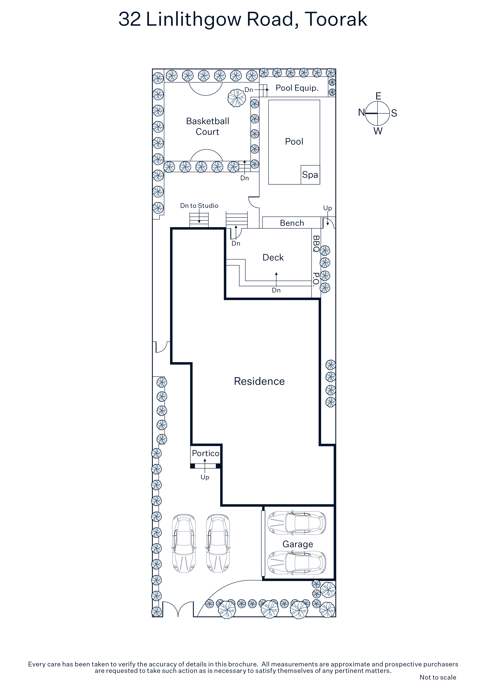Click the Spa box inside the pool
pos(310,175)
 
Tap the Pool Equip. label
pos(297,88)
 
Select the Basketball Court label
pos(208,126)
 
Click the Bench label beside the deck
pos(292,223)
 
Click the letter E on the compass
pos(378,96)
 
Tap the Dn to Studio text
pos(199,206)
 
